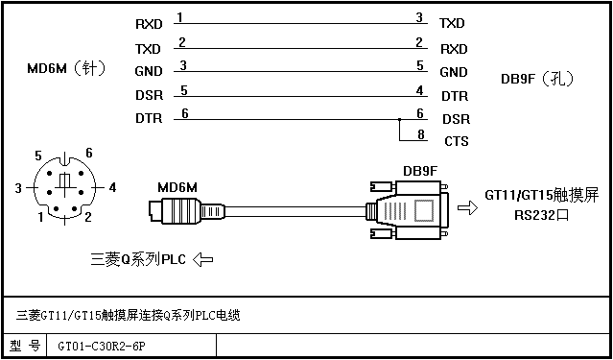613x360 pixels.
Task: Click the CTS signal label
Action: (x=457, y=141)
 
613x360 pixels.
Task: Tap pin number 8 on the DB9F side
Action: (x=420, y=134)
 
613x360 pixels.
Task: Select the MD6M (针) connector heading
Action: (x=66, y=69)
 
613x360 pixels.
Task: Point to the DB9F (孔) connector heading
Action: (x=537, y=80)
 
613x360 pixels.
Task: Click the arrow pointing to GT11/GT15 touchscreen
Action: (x=467, y=207)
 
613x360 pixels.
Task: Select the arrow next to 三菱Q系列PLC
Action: (x=203, y=259)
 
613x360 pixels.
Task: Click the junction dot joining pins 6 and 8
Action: (x=399, y=119)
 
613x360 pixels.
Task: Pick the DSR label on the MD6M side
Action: (x=149, y=95)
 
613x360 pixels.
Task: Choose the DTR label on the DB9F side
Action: (x=455, y=96)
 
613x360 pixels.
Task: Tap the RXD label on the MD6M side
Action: (x=149, y=24)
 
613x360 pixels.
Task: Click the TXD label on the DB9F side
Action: (x=452, y=23)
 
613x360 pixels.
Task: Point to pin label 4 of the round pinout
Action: (x=112, y=188)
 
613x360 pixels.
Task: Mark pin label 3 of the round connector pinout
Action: (x=18, y=188)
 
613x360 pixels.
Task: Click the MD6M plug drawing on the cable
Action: (x=187, y=210)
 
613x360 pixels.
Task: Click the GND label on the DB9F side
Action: (x=454, y=72)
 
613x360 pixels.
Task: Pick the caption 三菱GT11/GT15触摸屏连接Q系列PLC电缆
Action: (x=128, y=316)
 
